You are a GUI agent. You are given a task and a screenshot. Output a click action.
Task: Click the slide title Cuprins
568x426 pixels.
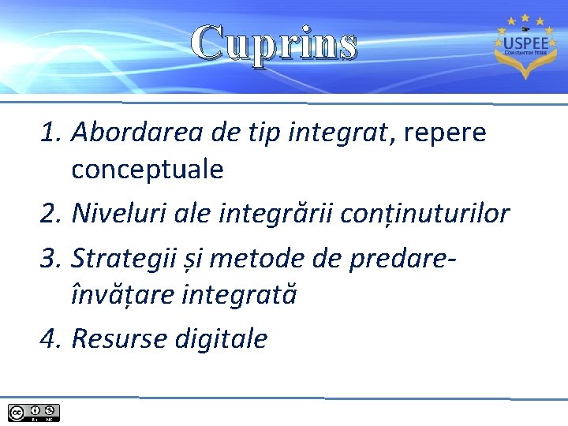tap(275, 43)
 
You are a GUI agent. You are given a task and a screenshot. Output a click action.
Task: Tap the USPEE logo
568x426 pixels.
tap(521, 47)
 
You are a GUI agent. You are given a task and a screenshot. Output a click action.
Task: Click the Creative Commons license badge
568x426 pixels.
tap(34, 412)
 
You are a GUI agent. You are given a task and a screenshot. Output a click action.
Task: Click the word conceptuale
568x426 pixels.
tap(148, 169)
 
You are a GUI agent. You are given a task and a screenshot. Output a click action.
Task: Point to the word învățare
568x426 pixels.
tap(124, 294)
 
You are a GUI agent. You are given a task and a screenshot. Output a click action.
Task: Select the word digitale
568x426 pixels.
tap(221, 338)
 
